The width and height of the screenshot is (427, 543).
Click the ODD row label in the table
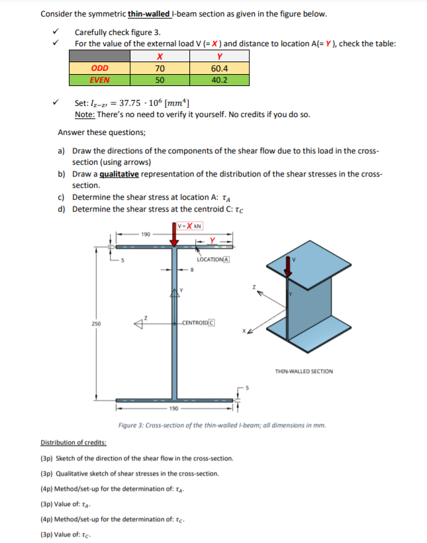[x=100, y=68]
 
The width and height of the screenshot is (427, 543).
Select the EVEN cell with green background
[x=100, y=80]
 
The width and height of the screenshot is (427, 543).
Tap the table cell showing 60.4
[x=219, y=68]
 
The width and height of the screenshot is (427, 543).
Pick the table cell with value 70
[x=160, y=68]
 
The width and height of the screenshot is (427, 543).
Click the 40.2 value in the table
[x=219, y=80]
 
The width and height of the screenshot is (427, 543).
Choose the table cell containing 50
[x=160, y=80]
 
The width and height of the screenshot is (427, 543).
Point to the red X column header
[x=160, y=56]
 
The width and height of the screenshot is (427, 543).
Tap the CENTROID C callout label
[x=198, y=323]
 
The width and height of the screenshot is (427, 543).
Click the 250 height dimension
[x=97, y=323]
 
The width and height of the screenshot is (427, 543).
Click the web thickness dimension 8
[x=193, y=270]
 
